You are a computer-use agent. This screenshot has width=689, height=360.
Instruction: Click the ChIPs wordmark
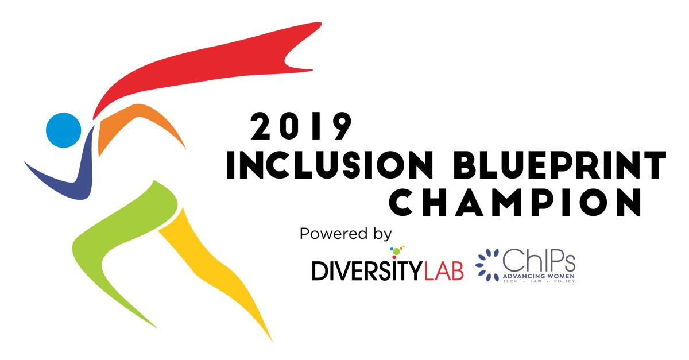(539, 261)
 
